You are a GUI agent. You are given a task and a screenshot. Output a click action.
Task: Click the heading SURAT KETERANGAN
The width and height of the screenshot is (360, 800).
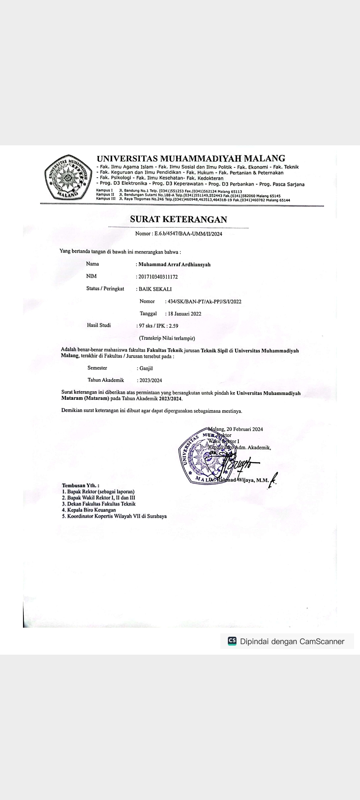coord(178,219)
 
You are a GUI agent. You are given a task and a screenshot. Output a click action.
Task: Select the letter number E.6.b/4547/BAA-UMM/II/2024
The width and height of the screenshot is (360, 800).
coord(188,234)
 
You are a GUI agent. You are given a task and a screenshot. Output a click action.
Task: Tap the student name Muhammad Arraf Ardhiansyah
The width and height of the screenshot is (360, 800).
coord(174,265)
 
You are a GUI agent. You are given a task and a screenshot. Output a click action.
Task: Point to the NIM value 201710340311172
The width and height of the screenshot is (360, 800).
coord(158,277)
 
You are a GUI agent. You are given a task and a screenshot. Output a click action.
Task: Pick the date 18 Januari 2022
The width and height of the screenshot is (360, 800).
coord(184,314)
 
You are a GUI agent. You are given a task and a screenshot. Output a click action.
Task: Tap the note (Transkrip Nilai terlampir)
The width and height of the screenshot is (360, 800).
coord(167,338)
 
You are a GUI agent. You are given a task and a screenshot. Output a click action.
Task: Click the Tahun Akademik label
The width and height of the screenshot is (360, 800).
coord(106,380)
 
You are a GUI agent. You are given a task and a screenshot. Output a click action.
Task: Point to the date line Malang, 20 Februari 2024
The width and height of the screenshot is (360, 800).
coord(236,429)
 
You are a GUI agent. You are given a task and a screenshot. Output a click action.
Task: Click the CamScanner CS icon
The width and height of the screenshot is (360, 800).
coord(232,641)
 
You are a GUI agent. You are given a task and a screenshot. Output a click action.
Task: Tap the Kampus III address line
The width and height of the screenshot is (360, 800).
coord(193,200)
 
